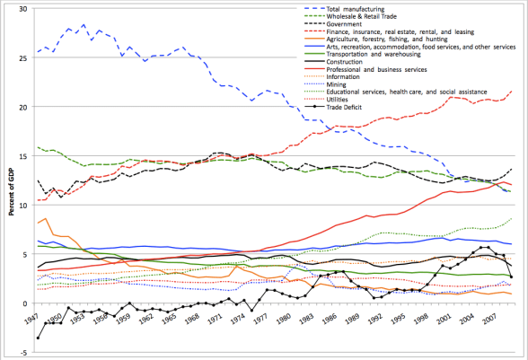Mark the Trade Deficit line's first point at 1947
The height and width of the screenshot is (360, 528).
(x=38, y=338)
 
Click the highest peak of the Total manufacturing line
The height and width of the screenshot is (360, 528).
(x=84, y=25)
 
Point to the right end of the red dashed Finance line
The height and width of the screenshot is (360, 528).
(x=512, y=91)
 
